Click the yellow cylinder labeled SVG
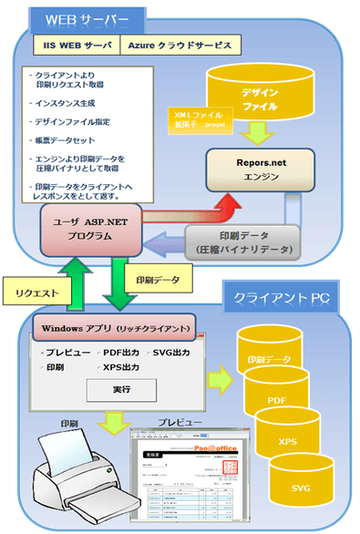[x=300, y=488]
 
